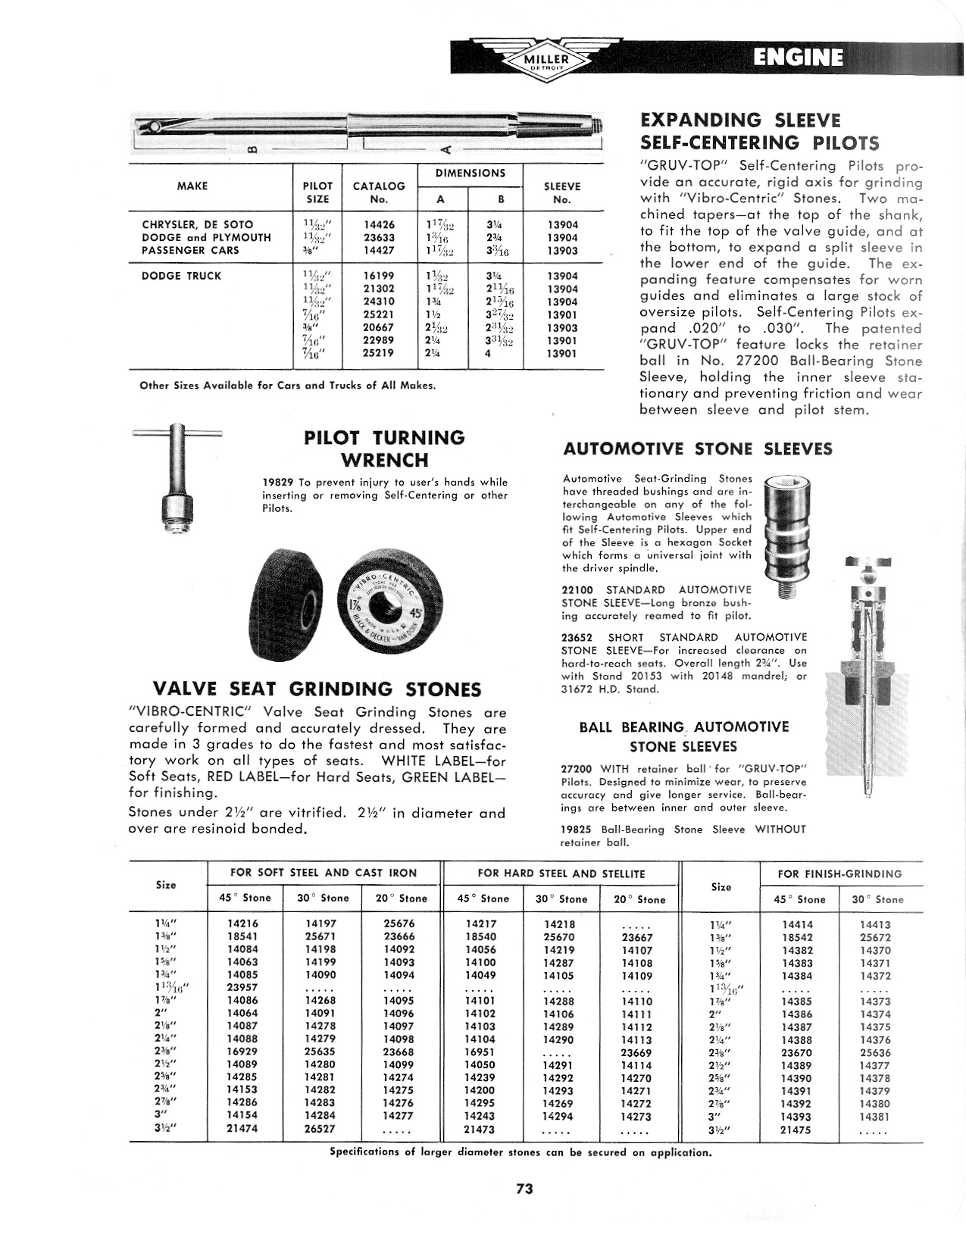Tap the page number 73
click(524, 1189)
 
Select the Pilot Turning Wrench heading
click(384, 448)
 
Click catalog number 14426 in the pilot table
click(380, 224)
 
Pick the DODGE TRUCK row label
click(182, 276)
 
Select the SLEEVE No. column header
click(562, 192)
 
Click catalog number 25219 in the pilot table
click(380, 353)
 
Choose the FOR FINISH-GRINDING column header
click(839, 873)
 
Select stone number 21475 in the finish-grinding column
click(796, 1130)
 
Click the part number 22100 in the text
click(576, 589)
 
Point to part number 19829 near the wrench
click(277, 482)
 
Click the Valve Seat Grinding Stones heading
click(317, 689)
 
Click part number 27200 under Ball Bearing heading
click(576, 768)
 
